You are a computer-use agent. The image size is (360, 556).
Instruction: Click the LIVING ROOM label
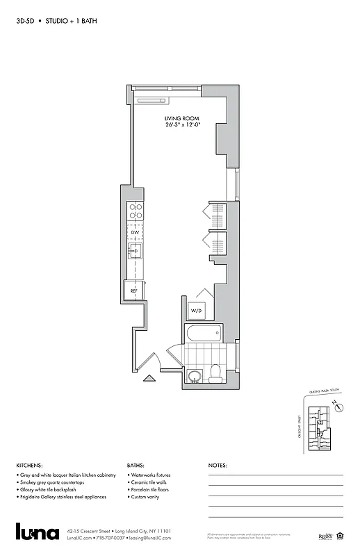182,119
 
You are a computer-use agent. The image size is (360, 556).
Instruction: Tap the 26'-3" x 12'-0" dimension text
182,126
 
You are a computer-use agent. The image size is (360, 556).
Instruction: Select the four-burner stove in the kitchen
134,211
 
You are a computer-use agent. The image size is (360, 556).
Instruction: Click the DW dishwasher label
134,232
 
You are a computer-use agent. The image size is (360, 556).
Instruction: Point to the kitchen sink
135,250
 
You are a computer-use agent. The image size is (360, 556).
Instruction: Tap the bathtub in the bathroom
203,334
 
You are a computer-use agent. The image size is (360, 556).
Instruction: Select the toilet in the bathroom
215,373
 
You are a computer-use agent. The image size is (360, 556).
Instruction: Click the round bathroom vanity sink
195,377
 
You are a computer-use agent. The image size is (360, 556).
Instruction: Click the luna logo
38,533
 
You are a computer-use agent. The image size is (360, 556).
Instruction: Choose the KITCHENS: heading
29,465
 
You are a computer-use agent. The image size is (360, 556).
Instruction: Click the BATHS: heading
136,465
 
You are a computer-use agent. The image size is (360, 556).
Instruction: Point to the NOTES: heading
218,465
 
